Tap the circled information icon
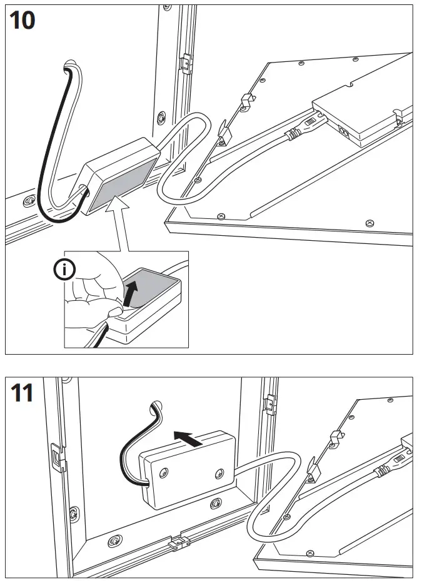pyautogui.click(x=64, y=270)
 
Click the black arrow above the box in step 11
pyautogui.click(x=188, y=440)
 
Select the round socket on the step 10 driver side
pyautogui.click(x=343, y=131)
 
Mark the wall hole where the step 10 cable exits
pyautogui.click(x=73, y=63)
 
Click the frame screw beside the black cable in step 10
pyautogui.click(x=28, y=201)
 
